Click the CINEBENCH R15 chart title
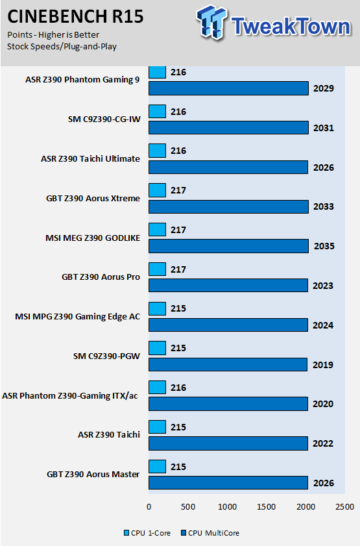click(75, 17)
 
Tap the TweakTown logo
click(274, 23)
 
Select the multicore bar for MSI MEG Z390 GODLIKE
click(228, 246)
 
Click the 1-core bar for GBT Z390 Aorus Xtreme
click(157, 190)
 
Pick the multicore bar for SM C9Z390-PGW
click(228, 365)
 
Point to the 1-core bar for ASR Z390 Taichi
click(157, 427)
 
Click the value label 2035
click(324, 246)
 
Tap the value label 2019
click(323, 365)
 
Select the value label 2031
click(324, 128)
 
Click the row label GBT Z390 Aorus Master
click(93, 475)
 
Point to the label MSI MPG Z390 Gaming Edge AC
click(78, 317)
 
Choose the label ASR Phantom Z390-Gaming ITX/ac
click(70, 396)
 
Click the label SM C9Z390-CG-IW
click(104, 119)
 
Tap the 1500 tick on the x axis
click(267, 506)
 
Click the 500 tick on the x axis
click(188, 506)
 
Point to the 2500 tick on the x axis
click(344, 506)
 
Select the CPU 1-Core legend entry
click(147, 533)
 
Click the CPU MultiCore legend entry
click(210, 533)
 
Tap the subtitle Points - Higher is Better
click(53, 35)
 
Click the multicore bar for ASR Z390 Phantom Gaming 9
click(228, 88)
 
